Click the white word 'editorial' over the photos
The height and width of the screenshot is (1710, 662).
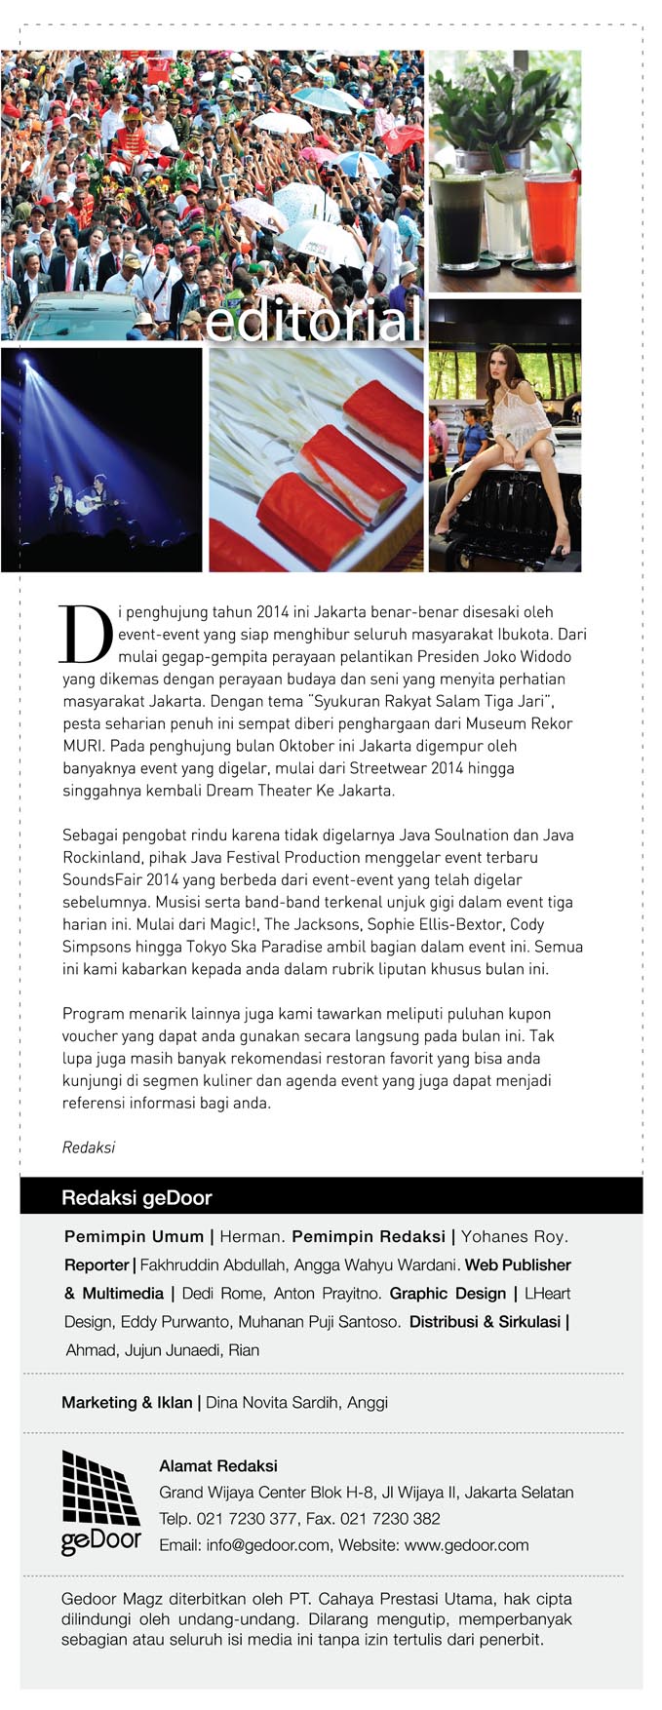tap(313, 323)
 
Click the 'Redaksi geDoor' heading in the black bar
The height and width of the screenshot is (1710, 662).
tap(136, 1197)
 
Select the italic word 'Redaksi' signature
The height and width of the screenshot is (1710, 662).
tap(89, 1147)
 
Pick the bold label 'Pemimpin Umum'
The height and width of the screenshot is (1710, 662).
tap(134, 1236)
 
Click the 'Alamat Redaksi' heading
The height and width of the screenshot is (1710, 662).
tap(218, 1465)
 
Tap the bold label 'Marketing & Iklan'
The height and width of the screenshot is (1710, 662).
tap(127, 1402)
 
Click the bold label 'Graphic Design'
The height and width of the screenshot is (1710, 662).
tap(448, 1293)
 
